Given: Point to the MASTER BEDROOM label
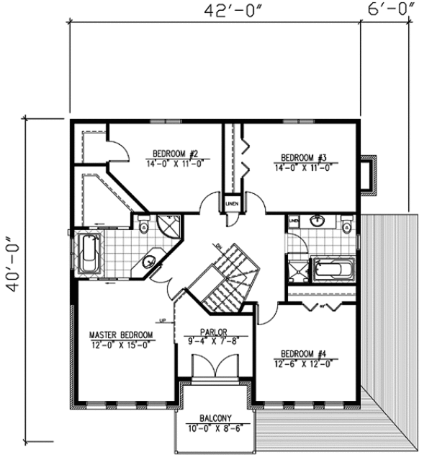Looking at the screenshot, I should click(121, 335).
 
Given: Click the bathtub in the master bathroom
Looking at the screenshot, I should click(90, 253).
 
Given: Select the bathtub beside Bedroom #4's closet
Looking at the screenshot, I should click(333, 270).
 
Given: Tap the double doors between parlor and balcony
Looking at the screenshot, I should click(214, 368).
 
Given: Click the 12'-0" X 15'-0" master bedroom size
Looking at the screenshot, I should click(121, 345).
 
